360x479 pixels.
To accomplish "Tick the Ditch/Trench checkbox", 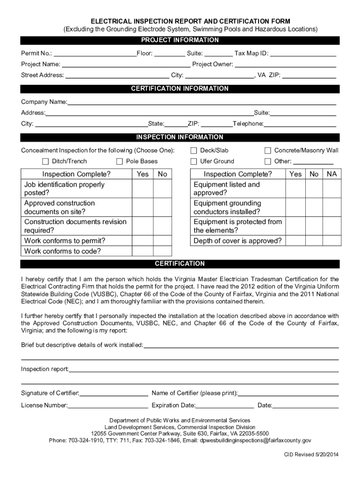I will click(x=46, y=161).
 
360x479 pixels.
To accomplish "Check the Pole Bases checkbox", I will click(x=120, y=161).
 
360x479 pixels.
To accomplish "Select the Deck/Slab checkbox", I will click(x=194, y=151).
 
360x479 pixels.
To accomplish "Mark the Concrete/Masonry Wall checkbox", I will click(x=268, y=151).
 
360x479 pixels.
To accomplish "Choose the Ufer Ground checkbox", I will click(x=194, y=161).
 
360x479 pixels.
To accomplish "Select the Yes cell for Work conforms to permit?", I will click(x=143, y=241).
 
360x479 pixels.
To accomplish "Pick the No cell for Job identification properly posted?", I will click(x=162, y=189).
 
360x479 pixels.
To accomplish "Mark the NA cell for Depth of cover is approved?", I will click(x=331, y=241).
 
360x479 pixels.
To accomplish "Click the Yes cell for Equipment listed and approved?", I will click(x=295, y=189).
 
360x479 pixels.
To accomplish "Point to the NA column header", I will click(x=331, y=174).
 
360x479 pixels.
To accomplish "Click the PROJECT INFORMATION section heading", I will click(x=180, y=40).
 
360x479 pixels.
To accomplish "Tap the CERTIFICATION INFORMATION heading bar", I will click(x=180, y=89).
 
